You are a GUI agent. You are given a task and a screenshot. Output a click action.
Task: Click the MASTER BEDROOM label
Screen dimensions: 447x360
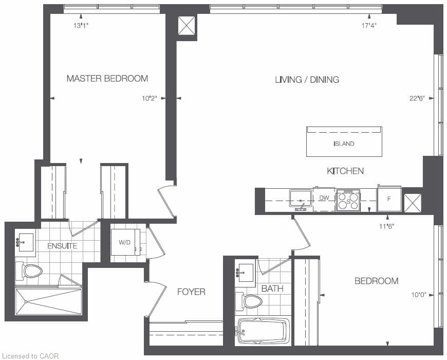pos(107,79)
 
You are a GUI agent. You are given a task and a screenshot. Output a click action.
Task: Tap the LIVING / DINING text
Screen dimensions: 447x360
pos(307,79)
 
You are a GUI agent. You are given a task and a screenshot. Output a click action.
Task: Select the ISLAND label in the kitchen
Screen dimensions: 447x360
pos(344,143)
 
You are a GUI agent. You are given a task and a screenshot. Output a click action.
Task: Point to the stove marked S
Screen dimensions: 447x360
pos(348,201)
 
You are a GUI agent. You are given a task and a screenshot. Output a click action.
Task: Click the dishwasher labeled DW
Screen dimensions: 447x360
pos(324,199)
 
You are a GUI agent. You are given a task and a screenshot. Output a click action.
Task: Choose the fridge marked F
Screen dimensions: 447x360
pos(389,199)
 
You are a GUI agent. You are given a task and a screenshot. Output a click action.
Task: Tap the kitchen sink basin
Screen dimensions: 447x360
pos(301,198)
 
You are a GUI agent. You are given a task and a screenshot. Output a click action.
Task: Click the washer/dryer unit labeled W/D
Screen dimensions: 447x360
pos(125,242)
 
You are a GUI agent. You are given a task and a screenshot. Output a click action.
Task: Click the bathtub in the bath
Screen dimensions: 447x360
pos(264,331)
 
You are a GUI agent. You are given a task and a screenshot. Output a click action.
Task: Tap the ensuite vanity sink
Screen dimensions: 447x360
pos(25,242)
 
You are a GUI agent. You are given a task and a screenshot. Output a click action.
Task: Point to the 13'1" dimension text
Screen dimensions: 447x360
pos(81,25)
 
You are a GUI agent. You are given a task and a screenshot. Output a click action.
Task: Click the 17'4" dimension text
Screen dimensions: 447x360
pos(369,25)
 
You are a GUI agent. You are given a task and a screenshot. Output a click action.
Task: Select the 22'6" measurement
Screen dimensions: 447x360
pos(417,98)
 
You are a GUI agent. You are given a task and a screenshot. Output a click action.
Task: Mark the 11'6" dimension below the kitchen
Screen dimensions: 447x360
pos(386,226)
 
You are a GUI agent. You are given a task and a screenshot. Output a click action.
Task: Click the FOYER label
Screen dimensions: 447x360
pos(191,292)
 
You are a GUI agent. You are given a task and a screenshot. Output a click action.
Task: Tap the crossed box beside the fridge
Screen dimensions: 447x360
pos(413,203)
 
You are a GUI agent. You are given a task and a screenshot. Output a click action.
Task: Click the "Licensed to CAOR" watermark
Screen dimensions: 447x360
pos(30,356)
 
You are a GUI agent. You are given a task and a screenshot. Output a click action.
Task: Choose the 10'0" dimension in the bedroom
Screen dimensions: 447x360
pos(419,295)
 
